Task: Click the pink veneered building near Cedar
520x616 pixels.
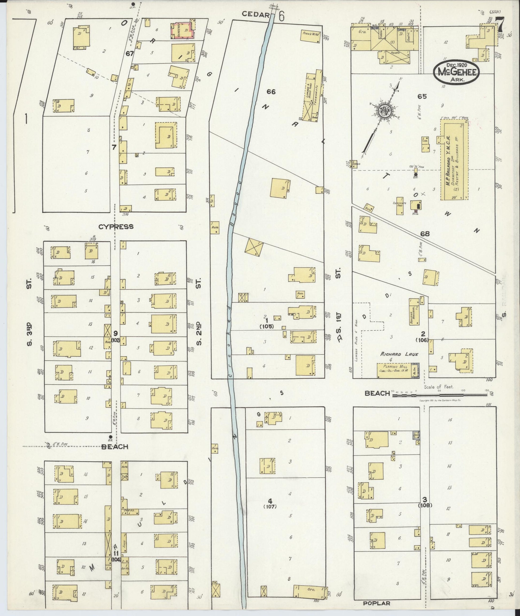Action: (x=183, y=31)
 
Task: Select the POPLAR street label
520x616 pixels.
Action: (x=377, y=603)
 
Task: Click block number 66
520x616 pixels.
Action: (x=271, y=92)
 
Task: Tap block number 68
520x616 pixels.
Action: (x=425, y=234)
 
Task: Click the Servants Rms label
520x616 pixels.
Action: (x=400, y=204)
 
